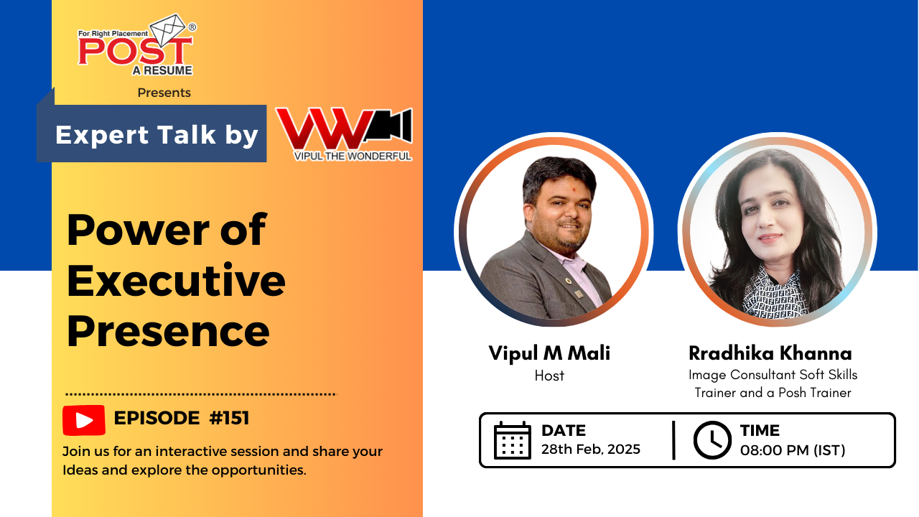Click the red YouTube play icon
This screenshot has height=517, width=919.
click(x=84, y=420)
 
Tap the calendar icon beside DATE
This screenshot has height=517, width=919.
click(x=513, y=440)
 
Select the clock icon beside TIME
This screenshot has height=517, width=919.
click(x=712, y=440)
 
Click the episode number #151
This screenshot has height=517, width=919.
click(x=229, y=418)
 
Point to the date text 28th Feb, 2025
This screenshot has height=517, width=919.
click(x=591, y=450)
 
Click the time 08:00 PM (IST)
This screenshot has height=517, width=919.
click(x=793, y=450)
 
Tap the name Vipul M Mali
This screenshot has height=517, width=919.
click(x=549, y=353)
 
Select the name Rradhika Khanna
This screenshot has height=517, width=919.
click(x=770, y=353)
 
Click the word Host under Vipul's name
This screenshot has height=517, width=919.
click(x=549, y=376)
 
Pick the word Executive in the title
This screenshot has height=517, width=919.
click(x=176, y=281)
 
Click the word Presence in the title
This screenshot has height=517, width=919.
click(x=168, y=332)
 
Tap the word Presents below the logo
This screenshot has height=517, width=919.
click(x=164, y=93)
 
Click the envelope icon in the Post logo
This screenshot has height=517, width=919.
click(x=167, y=29)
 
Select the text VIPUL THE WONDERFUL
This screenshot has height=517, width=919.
click(x=353, y=157)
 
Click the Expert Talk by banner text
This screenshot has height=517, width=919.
click(x=157, y=135)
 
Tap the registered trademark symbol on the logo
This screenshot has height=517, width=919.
click(x=192, y=27)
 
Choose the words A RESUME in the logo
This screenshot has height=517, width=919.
click(x=162, y=70)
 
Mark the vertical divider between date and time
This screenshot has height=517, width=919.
click(x=673, y=440)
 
